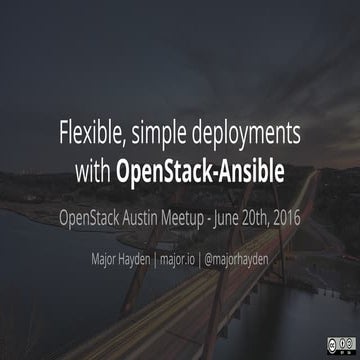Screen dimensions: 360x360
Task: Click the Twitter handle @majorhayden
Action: pyautogui.click(x=245, y=256)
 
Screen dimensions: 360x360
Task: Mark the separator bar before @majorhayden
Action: pyautogui.click(x=208, y=256)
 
